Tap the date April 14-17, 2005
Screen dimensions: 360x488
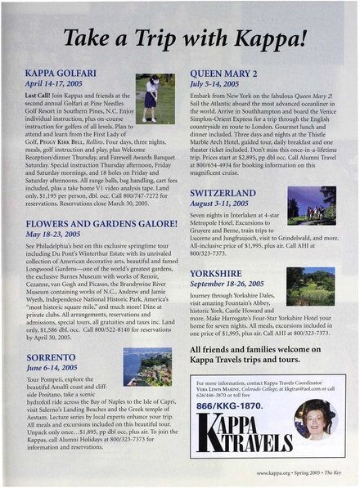60,84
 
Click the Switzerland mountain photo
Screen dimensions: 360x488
311,204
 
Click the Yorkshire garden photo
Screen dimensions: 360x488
311,285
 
